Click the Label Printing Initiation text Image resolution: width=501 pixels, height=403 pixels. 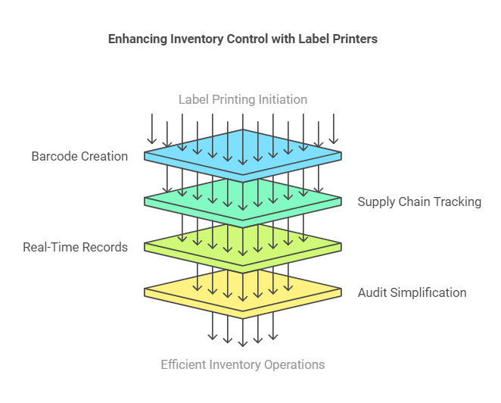pos(243,99)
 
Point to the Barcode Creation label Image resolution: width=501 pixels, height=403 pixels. pos(79,156)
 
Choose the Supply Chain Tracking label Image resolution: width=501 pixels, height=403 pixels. pos(419,202)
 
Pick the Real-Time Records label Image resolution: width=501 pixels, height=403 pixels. pos(75,247)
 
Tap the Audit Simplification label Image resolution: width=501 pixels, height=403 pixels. pos(412,292)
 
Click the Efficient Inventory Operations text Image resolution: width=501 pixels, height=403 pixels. pos(243,364)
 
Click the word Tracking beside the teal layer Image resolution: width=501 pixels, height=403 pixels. pos(457,202)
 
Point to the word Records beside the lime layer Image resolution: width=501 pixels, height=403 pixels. pos(106,247)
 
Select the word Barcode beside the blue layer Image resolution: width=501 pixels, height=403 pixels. pos(54,156)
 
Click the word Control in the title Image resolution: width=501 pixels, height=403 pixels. pos(247,39)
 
